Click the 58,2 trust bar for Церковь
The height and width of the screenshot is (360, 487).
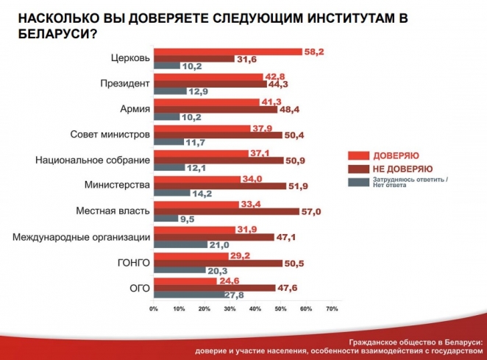[x=228, y=52]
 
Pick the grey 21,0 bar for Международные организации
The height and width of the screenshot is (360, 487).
[x=180, y=244]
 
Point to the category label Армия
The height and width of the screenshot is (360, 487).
[x=135, y=110]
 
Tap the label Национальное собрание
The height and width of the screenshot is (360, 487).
[x=93, y=160]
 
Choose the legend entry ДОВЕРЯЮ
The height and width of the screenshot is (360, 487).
[x=395, y=156]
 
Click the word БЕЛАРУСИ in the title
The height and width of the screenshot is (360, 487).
[x=52, y=32]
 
